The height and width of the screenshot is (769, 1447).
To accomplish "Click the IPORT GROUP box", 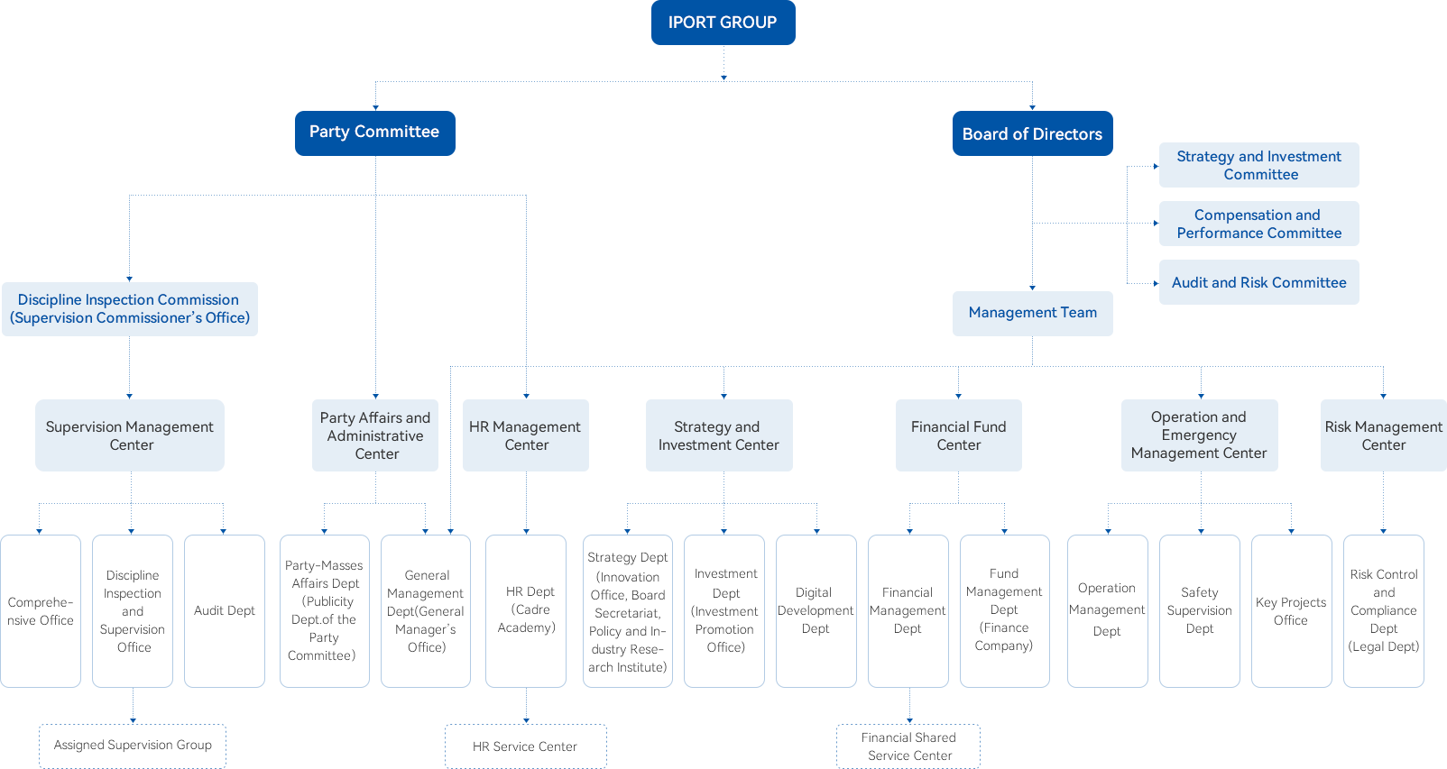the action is [723, 23].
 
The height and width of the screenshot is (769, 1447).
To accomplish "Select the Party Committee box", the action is [374, 133].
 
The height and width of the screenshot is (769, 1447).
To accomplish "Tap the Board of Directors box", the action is [1032, 133].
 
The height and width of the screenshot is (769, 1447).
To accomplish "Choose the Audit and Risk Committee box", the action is [1259, 282].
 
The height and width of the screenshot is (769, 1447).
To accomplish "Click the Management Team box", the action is [1032, 313].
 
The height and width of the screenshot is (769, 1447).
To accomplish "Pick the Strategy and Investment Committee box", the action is [1259, 165].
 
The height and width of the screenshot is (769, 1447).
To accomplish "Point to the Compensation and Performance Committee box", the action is [1259, 224].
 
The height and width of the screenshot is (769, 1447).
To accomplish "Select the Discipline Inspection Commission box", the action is [130, 308].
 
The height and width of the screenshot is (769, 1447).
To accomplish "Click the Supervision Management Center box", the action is [130, 435].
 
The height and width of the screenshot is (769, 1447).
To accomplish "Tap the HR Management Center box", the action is [526, 435].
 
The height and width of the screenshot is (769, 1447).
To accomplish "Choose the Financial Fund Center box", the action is [959, 435].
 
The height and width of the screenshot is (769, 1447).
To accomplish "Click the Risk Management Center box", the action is [1383, 435].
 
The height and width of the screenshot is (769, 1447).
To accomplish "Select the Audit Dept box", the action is [225, 611].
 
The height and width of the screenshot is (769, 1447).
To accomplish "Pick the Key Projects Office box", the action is [1291, 611].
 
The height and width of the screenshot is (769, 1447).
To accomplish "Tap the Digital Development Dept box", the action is [816, 611].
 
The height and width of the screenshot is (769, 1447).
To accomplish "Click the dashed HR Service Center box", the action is [526, 746].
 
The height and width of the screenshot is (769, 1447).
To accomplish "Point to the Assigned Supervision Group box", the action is [133, 746].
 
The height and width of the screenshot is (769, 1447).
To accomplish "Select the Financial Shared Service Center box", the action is [908, 746].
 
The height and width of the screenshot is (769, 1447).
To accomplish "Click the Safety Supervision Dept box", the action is [1200, 611].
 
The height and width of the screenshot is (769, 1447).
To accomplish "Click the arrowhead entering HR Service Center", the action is [526, 720].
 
